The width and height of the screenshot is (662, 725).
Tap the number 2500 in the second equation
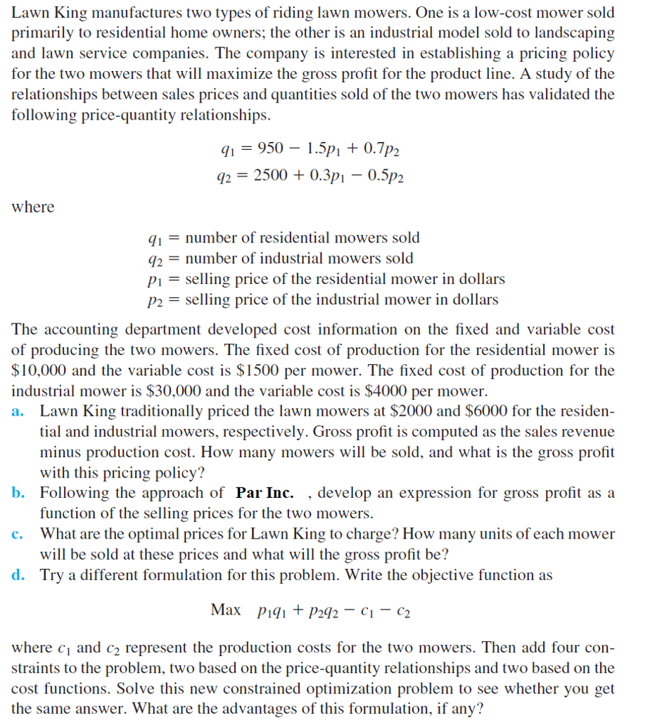[x=270, y=176]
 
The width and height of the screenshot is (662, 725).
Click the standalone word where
[x=32, y=207]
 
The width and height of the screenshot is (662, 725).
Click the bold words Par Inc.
[x=265, y=493]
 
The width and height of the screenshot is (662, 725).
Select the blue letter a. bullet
[x=19, y=411]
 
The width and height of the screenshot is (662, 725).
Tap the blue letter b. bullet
[x=19, y=493]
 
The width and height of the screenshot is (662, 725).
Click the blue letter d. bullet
[x=19, y=575]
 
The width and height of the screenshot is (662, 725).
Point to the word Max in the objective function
[x=226, y=610]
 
